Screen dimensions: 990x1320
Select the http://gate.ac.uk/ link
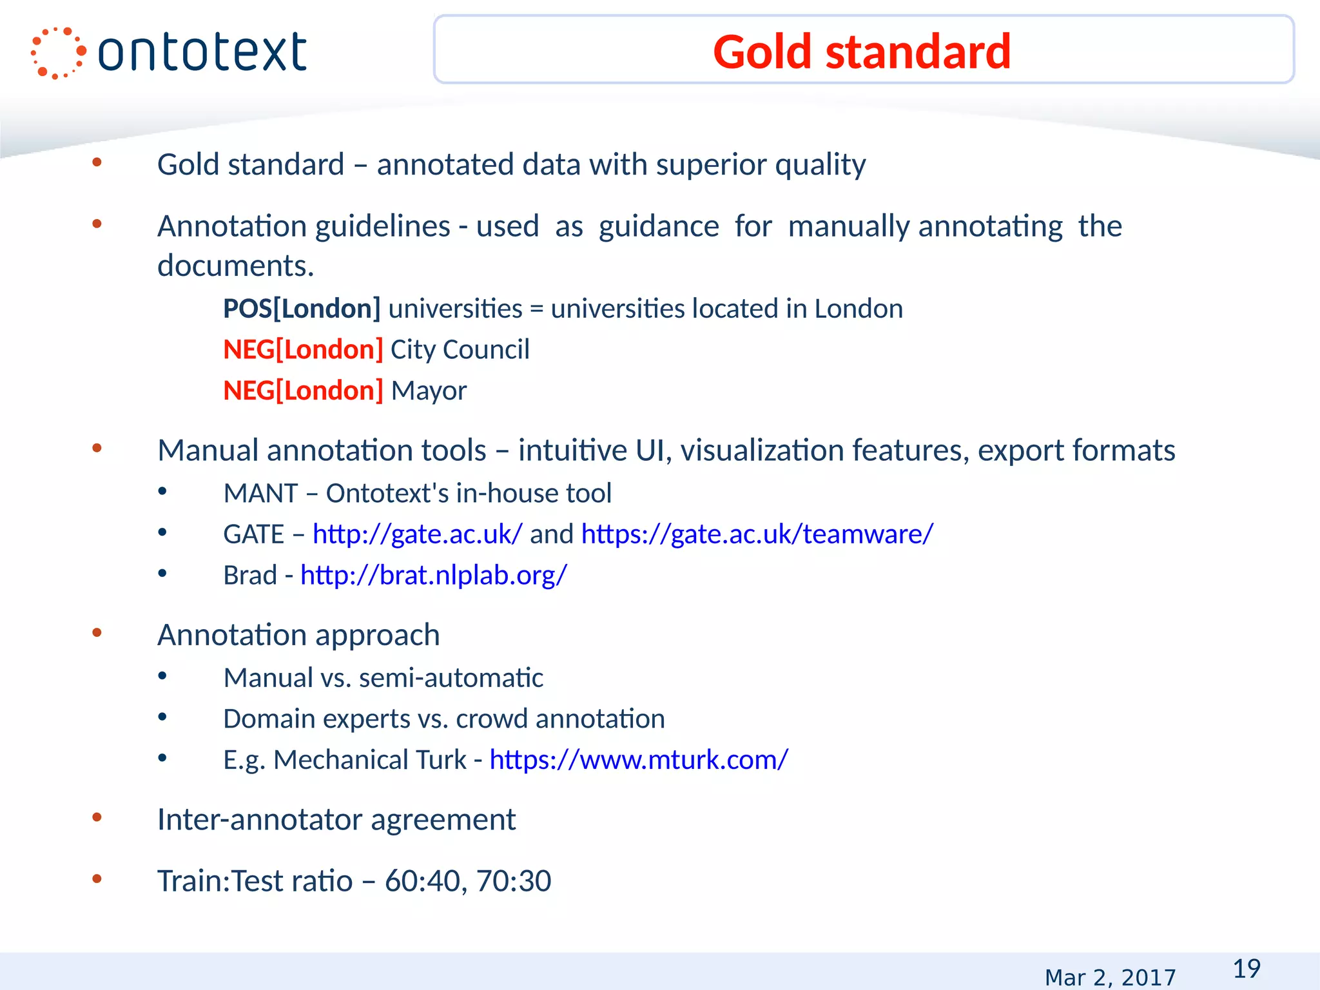tap(418, 534)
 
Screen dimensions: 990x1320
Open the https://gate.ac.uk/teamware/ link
tap(757, 534)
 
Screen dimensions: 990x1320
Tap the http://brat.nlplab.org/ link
tap(434, 576)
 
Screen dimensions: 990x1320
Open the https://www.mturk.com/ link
tap(639, 760)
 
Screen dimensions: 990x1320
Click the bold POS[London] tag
tap(302, 309)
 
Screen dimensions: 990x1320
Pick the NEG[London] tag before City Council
tap(303, 350)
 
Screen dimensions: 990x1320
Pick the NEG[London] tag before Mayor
tap(303, 391)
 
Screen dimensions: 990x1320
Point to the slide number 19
tap(1247, 969)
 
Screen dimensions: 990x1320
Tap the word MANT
tap(260, 494)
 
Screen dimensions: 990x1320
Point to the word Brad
tap(250, 576)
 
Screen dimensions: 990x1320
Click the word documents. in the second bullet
tap(236, 266)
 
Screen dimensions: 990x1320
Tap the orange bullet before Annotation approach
tap(97, 634)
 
